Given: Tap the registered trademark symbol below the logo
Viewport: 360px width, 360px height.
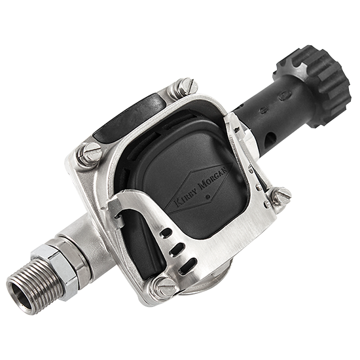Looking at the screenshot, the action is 208,196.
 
